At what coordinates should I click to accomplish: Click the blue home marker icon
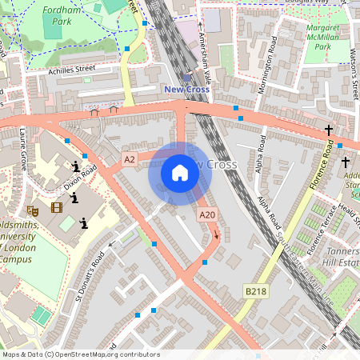(x=180, y=173)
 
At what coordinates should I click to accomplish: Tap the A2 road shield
(x=130, y=160)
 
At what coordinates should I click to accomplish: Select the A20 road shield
(x=207, y=214)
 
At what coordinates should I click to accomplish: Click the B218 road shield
(x=255, y=291)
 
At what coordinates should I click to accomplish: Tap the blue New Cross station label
(x=186, y=90)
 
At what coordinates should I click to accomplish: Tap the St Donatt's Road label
(x=90, y=273)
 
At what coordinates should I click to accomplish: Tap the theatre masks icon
(x=32, y=210)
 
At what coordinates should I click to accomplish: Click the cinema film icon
(x=56, y=207)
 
